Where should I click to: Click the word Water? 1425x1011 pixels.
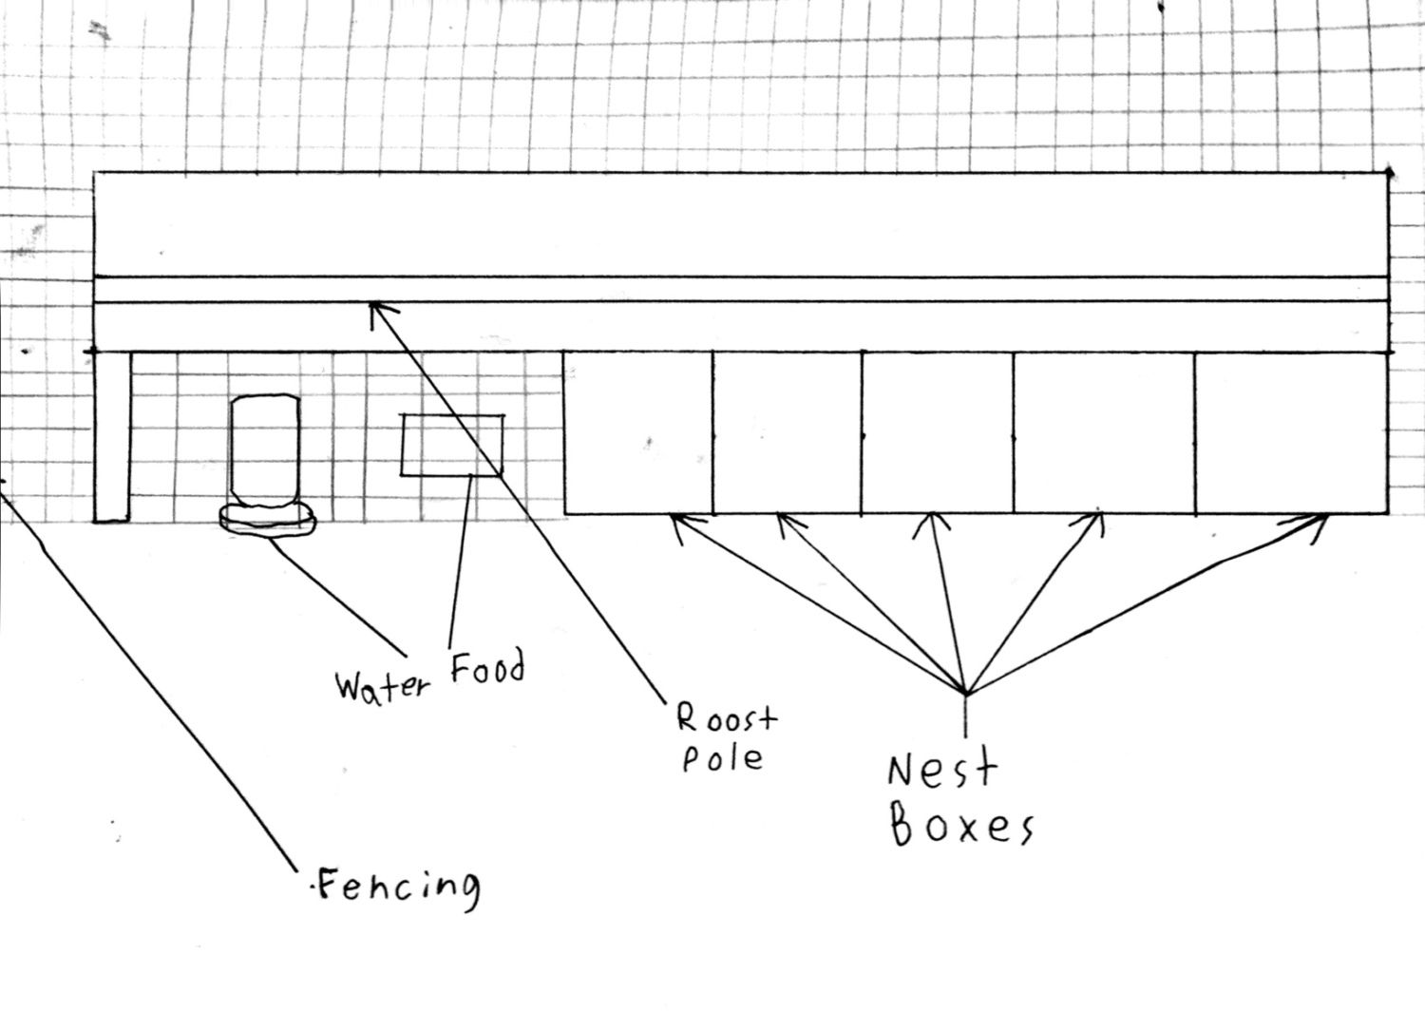382,688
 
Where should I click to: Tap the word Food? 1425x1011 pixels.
488,667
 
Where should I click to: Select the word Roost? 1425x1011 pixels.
727,719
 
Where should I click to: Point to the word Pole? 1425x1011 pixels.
723,758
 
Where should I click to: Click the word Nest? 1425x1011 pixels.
941,772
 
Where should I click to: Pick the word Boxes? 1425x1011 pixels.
961,825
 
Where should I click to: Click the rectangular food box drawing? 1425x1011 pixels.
451,445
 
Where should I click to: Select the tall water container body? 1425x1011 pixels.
265,451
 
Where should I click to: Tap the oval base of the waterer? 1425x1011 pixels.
267,520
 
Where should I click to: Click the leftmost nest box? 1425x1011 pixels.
638,432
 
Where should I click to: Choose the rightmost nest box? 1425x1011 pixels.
1291,432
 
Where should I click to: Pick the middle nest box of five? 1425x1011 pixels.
938,432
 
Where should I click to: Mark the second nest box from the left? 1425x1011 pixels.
788,432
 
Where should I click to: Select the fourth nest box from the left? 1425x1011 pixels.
1104,432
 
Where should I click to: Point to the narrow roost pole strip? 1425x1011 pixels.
741,290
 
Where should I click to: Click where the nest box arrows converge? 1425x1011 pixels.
966,693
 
